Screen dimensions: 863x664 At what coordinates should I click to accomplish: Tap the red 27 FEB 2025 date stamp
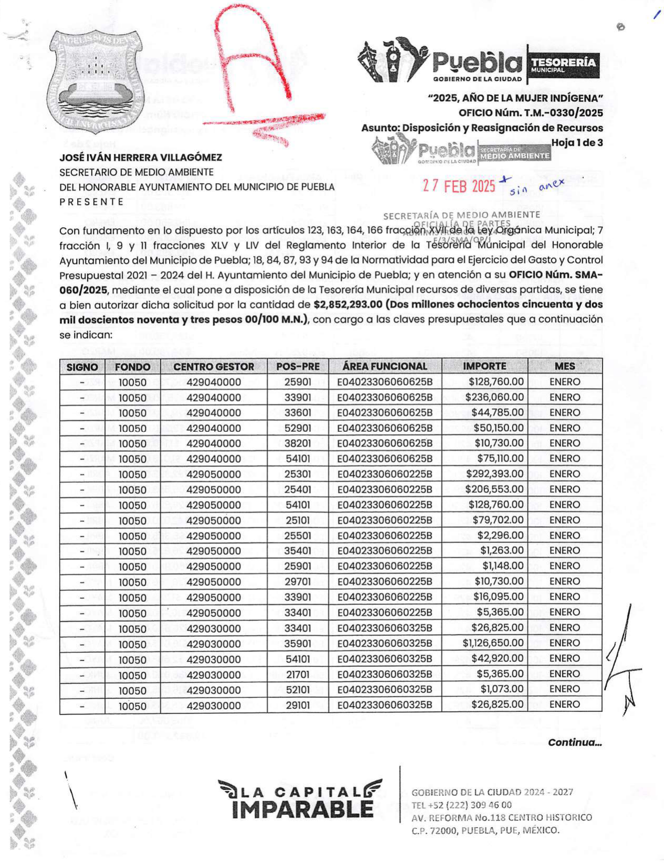(x=459, y=186)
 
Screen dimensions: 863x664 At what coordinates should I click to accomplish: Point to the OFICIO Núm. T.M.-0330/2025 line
(x=530, y=113)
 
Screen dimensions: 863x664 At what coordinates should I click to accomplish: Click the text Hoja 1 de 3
(x=576, y=143)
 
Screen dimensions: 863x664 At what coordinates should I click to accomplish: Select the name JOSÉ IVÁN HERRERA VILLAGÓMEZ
(x=141, y=157)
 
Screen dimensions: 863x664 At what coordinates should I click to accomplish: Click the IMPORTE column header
(x=484, y=366)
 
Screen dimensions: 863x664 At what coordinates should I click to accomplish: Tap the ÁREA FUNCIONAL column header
(x=384, y=366)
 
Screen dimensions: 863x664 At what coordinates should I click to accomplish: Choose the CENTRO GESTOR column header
(x=213, y=367)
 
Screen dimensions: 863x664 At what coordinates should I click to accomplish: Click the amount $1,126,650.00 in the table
(x=492, y=643)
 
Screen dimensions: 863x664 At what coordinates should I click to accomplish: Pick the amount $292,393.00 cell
(x=494, y=474)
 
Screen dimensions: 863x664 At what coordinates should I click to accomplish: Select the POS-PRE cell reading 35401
(x=298, y=551)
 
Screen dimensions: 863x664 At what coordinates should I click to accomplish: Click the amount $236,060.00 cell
(x=494, y=397)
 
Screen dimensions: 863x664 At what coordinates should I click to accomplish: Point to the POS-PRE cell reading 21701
(x=298, y=674)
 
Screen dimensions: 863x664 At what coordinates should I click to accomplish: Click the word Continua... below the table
(x=574, y=742)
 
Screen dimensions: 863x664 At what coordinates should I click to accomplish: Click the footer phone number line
(x=461, y=805)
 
